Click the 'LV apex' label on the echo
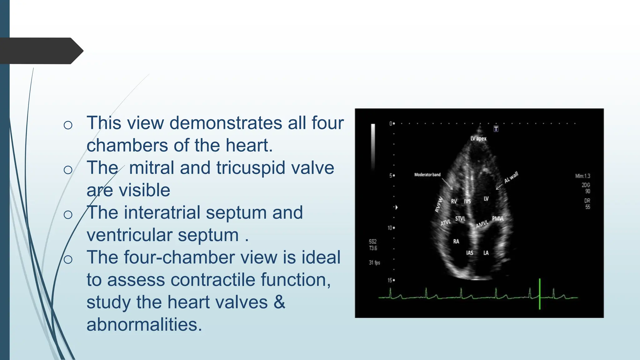[x=478, y=138]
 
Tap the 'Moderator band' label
[x=427, y=175]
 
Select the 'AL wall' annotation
[x=511, y=177]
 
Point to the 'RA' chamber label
[x=456, y=241]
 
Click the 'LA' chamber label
[x=486, y=253]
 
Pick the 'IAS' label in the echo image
[x=469, y=253]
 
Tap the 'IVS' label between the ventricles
[x=467, y=202]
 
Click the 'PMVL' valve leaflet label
[x=498, y=218]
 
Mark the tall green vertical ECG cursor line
[x=540, y=294]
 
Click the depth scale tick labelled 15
[x=391, y=280]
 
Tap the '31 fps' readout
[x=374, y=262]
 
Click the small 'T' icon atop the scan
[x=496, y=129]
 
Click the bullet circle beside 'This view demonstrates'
[x=68, y=125]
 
